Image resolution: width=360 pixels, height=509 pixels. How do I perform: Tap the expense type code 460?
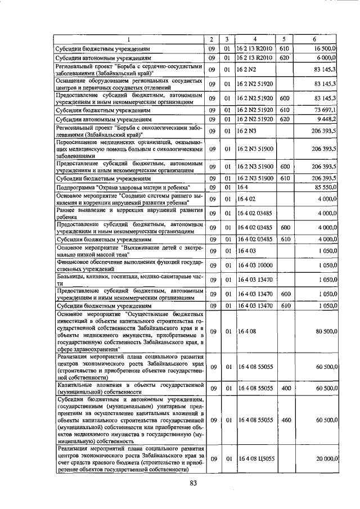285,420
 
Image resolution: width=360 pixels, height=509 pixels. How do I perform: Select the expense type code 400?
285,388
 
